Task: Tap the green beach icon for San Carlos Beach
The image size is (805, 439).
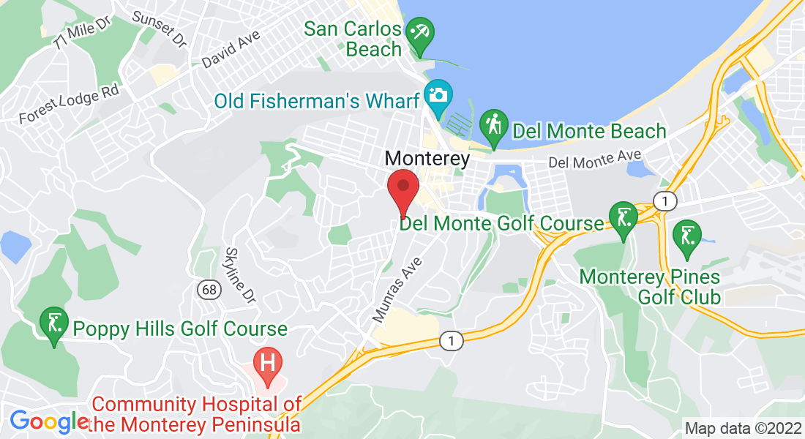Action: pos(420,34)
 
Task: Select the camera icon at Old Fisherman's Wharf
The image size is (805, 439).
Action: pos(438,97)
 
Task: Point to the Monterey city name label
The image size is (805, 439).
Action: pos(427,158)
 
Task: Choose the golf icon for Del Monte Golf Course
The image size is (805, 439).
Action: pos(623,219)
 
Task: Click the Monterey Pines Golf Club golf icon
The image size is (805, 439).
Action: pos(686,237)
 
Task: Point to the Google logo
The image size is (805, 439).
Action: pos(48,421)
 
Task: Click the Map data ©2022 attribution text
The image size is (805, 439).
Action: pos(742,428)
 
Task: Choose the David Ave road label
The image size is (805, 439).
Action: pos(231,49)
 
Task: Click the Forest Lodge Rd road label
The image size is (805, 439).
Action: pos(69,105)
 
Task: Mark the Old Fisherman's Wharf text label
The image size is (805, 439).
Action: pos(316,101)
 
